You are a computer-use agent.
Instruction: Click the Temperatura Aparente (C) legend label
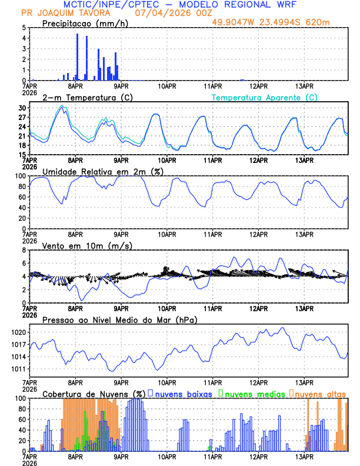tap(265, 97)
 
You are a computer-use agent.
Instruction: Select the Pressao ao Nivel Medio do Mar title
tap(120, 319)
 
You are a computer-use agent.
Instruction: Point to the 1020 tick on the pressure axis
tap(19, 332)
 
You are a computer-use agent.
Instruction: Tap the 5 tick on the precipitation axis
tap(24, 28)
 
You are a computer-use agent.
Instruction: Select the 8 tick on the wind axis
tap(24, 250)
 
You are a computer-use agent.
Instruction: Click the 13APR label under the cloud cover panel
tap(304, 456)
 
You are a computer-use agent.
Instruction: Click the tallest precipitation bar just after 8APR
tap(77, 57)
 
